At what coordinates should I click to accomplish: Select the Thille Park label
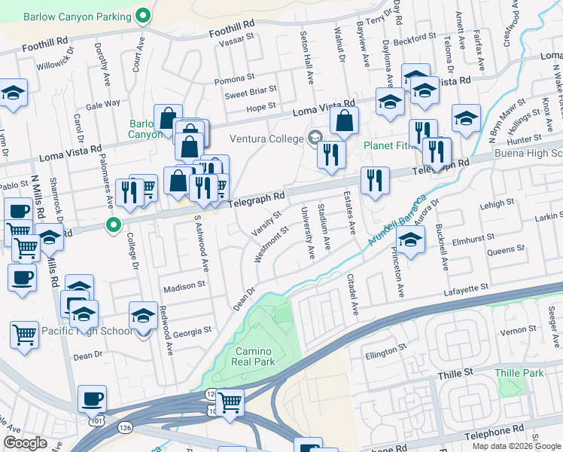coord(519,373)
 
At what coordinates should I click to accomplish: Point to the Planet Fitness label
coord(388,145)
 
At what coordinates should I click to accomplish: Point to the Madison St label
coord(185,286)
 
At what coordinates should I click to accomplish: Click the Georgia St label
coord(191,331)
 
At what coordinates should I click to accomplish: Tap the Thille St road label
coord(455,372)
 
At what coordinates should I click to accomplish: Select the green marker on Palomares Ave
coord(114,224)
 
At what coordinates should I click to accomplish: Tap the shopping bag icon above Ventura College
coord(344,121)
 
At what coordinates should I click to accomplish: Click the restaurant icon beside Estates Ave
coord(373,180)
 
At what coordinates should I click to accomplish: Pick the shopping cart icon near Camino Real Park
coord(229,401)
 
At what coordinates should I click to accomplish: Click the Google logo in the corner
coord(25,443)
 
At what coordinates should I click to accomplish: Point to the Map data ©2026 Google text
coord(516,446)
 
